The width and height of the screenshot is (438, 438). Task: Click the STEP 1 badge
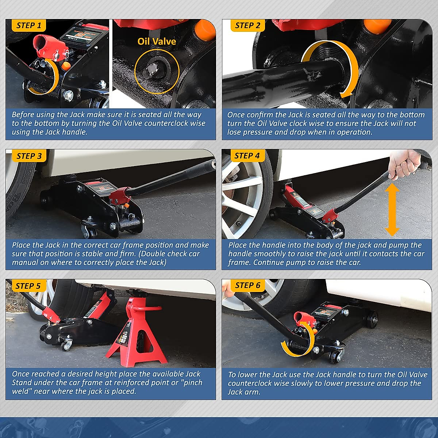point(28,25)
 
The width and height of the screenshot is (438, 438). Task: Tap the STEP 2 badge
point(247,25)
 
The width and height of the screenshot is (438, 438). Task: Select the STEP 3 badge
point(29,156)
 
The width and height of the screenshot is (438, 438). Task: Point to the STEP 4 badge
point(247,156)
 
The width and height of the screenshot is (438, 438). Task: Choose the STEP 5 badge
point(28,286)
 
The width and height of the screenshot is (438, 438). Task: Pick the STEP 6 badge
point(247,285)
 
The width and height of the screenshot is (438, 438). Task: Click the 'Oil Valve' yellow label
point(157,41)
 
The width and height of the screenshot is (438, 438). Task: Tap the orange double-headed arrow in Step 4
point(392,210)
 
